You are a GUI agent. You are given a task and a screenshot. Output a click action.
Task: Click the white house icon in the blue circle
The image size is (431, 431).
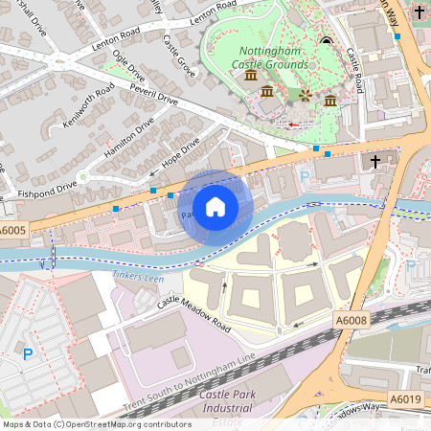215,207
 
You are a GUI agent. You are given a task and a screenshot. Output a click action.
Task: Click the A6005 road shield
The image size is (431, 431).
13,231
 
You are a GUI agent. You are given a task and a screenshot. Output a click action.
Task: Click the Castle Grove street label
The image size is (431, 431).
178,56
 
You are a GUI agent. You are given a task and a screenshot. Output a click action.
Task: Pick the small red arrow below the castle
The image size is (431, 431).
293,124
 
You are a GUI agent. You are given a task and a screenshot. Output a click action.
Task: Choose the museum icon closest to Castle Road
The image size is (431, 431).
329,101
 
